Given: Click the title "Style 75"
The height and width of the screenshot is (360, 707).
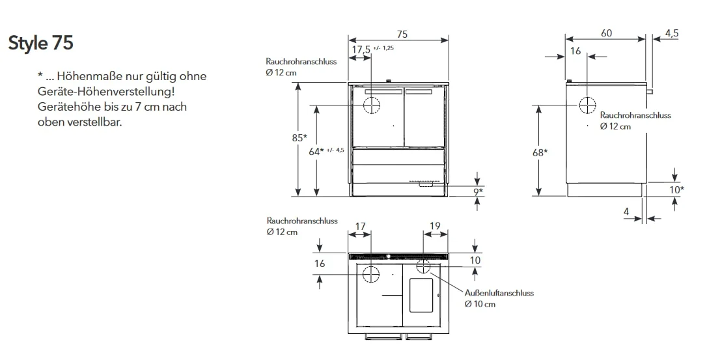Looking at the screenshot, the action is [x=40, y=43].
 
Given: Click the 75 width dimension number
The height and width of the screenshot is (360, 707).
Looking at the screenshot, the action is [x=402, y=34].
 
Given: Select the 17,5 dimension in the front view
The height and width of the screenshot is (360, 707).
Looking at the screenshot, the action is [x=361, y=49].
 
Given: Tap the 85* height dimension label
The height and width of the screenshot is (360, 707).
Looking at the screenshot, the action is [x=299, y=137].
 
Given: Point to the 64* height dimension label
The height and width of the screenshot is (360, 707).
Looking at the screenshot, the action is [x=316, y=152].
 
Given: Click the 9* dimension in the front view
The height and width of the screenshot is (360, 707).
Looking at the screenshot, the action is [x=478, y=192].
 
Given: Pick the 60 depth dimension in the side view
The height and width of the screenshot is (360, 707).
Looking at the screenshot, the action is [x=607, y=33].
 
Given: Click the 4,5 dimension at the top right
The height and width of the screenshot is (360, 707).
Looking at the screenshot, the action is [x=672, y=33].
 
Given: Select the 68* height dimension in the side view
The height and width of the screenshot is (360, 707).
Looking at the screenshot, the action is [x=540, y=152].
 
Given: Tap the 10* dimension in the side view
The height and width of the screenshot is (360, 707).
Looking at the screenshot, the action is [x=676, y=189].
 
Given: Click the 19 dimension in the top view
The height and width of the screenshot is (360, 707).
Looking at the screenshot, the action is [x=435, y=225].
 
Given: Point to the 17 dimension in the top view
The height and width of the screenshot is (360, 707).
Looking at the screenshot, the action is [x=360, y=225].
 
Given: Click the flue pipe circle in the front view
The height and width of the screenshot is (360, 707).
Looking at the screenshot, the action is [x=372, y=105].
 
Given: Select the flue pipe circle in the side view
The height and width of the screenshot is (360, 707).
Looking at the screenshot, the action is [x=587, y=105].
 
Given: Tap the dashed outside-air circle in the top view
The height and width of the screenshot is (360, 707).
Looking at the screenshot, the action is [x=423, y=266].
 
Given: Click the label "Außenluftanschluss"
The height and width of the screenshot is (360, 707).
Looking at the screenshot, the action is [x=499, y=293].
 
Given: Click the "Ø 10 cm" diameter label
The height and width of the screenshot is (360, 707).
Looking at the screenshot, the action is [x=480, y=304].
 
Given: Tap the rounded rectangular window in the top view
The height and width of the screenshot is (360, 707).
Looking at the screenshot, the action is [x=421, y=295].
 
